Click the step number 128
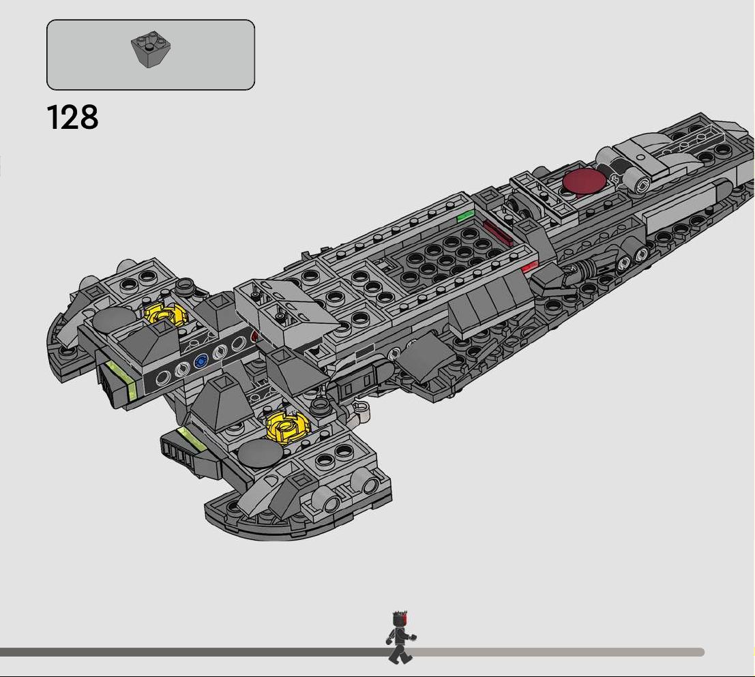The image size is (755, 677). click(x=73, y=117)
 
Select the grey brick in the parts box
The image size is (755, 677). click(x=151, y=49)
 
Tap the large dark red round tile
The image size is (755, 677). click(x=584, y=181)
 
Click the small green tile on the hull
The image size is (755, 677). click(x=465, y=215)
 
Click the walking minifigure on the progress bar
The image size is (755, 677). click(x=401, y=637)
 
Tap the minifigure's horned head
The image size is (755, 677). click(x=400, y=618)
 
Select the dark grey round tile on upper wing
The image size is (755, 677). click(x=115, y=319)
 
